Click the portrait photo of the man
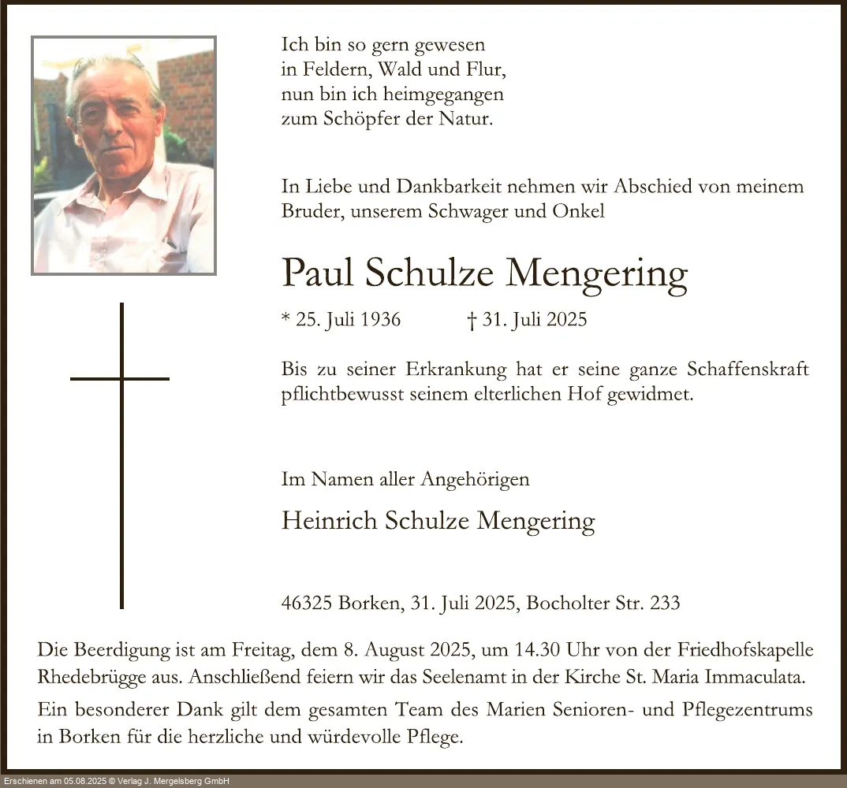coord(124,155)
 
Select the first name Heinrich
coord(330,520)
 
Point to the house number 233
coord(664,604)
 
